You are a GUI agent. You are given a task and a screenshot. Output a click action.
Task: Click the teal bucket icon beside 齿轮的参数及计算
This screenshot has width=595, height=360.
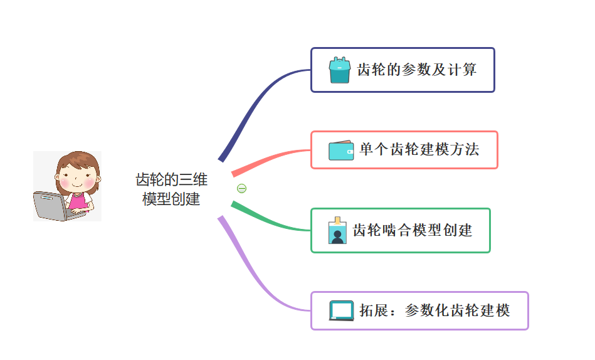pyautogui.click(x=339, y=70)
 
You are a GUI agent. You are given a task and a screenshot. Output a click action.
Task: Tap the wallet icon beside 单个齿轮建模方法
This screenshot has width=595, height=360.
pyautogui.click(x=341, y=151)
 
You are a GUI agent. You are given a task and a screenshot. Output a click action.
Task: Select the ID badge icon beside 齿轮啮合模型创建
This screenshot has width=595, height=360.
pyautogui.click(x=337, y=231)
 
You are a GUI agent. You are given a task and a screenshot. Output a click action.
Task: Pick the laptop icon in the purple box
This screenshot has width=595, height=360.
pyautogui.click(x=342, y=310)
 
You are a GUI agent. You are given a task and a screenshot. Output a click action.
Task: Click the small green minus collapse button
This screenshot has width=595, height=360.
pyautogui.click(x=241, y=188)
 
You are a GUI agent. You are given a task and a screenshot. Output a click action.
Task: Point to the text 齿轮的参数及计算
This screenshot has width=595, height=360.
pyautogui.click(x=417, y=70)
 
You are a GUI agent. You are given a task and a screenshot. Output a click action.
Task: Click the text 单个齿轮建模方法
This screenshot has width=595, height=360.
pyautogui.click(x=419, y=150)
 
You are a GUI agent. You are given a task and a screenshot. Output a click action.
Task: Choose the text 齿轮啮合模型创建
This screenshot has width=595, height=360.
pyautogui.click(x=413, y=230)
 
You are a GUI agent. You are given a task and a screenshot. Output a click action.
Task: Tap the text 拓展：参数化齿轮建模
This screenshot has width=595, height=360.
pyautogui.click(x=434, y=310)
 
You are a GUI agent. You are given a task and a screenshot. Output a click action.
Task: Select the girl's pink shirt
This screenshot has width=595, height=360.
pyautogui.click(x=78, y=201)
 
